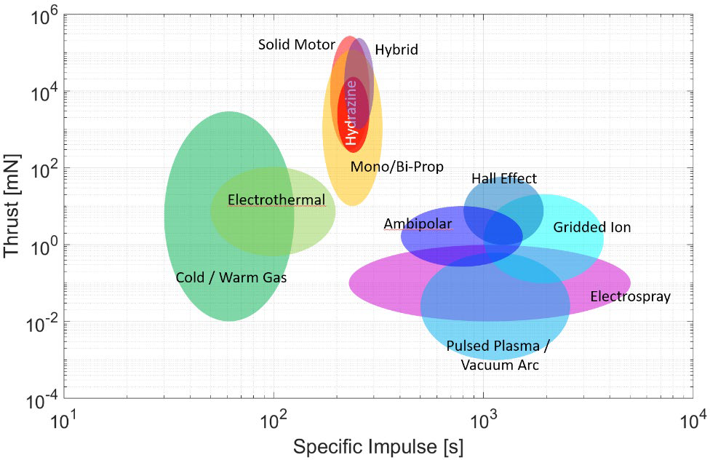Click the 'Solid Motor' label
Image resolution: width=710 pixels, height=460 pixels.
coord(296,45)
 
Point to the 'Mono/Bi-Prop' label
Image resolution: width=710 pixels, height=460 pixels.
coord(396,167)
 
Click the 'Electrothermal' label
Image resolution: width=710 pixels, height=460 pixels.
coord(276,199)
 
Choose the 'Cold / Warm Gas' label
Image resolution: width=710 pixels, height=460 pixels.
coord(231,277)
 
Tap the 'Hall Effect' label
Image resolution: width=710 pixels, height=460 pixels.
coord(503,178)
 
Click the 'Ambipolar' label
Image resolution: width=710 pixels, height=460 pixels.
coord(418,224)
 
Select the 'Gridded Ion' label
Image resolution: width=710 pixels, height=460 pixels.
coord(591,227)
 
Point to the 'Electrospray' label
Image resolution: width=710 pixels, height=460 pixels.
coord(630,296)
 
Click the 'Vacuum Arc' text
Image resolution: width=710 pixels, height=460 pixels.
coord(500,365)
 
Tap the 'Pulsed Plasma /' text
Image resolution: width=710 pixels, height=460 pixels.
coord(498,346)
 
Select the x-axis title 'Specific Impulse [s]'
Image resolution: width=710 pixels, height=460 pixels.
coord(378,446)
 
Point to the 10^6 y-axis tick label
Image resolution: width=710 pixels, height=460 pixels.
coord(45,16)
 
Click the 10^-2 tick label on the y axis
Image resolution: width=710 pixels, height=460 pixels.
coord(42,322)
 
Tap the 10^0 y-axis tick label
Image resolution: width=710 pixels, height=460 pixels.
coord(45,246)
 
